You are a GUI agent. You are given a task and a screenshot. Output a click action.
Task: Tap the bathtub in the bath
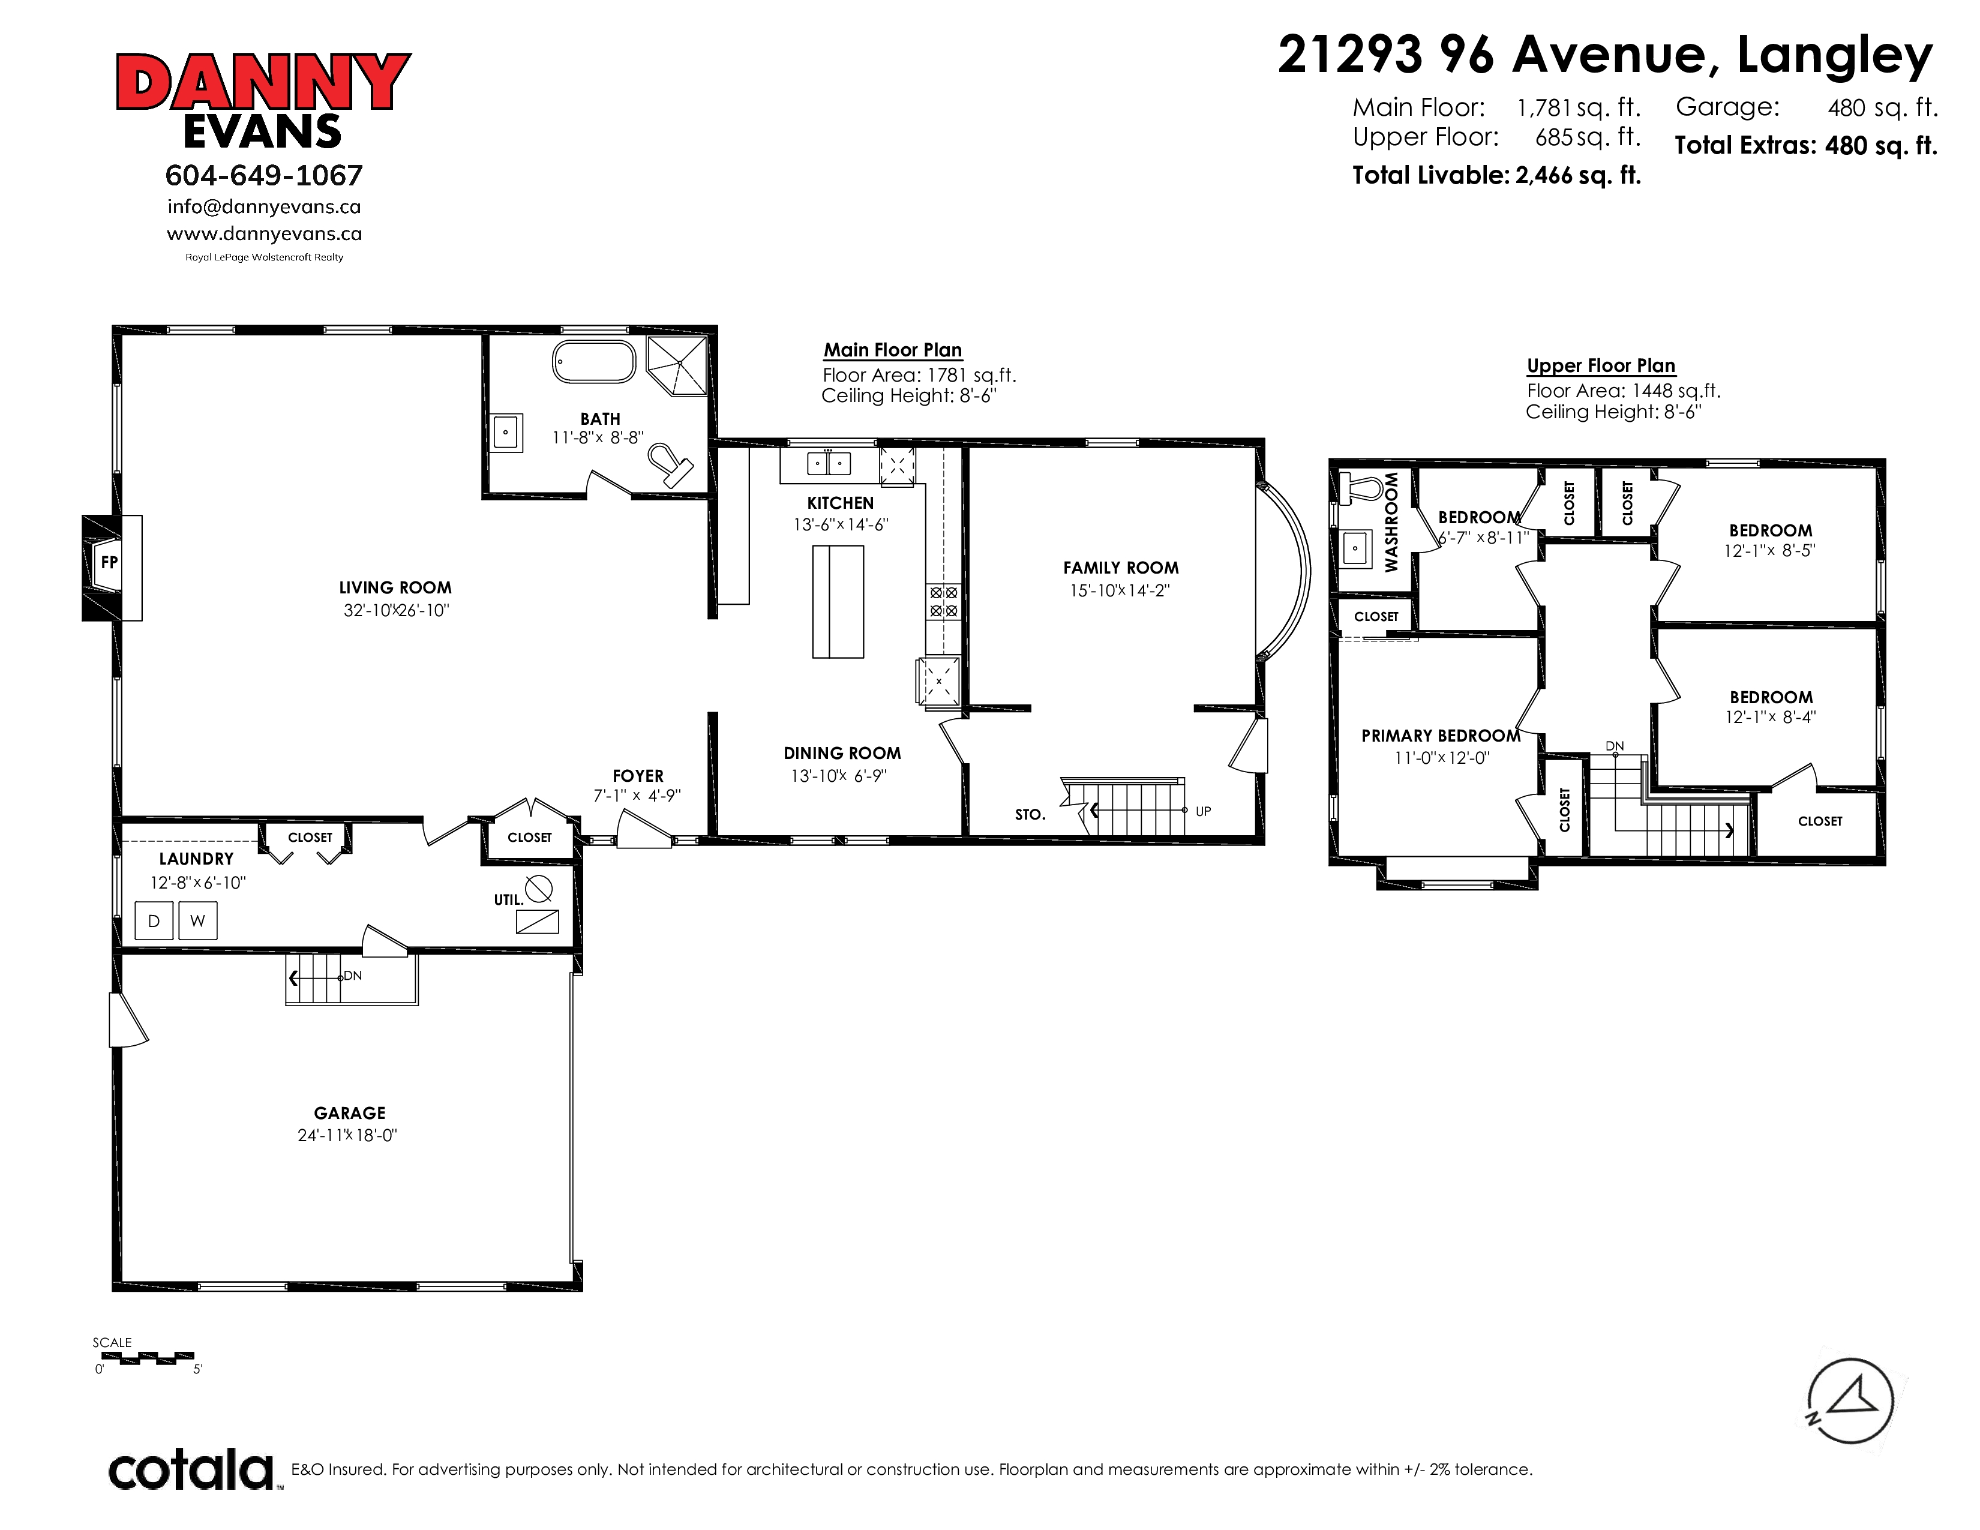(x=594, y=362)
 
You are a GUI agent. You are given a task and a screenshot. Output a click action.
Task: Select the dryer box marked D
(x=154, y=921)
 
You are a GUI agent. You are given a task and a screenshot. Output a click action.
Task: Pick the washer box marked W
(x=197, y=921)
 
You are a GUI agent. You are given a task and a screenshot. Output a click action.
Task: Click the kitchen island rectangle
(x=838, y=601)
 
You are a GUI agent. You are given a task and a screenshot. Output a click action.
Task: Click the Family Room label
(x=1121, y=568)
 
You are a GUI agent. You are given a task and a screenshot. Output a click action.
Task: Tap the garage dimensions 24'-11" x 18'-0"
(x=347, y=1136)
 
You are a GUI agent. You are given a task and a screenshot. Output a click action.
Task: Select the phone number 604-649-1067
(x=264, y=175)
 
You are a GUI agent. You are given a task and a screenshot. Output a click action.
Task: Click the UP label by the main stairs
(x=1203, y=811)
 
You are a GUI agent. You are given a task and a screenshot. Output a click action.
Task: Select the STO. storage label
(x=1030, y=815)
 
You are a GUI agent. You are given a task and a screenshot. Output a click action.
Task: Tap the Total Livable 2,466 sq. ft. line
(x=1497, y=175)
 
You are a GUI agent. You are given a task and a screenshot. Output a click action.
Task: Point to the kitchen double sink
(x=829, y=464)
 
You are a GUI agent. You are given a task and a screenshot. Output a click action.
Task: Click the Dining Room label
(x=842, y=753)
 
